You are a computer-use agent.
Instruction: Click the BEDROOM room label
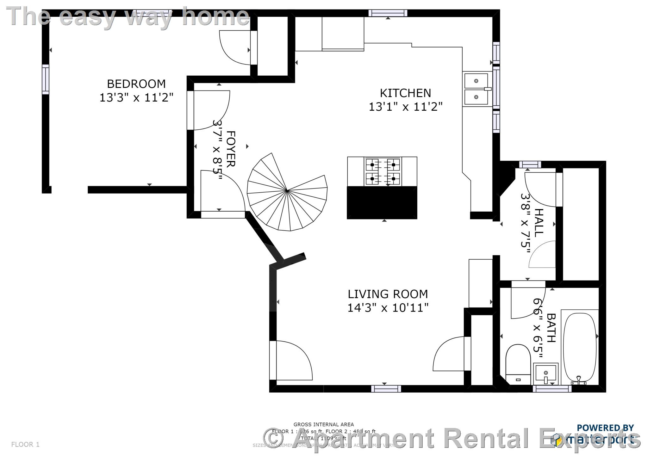[136, 84]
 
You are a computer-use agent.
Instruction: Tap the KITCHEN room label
[405, 93]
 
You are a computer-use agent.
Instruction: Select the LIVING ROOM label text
[388, 294]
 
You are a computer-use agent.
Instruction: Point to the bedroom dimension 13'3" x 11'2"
[136, 97]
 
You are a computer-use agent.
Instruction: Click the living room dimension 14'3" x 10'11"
[388, 308]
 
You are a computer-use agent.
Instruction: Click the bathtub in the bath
[580, 347]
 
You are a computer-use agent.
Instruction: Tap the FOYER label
[231, 149]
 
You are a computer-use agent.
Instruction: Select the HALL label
[538, 223]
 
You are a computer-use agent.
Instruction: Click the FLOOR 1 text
[25, 444]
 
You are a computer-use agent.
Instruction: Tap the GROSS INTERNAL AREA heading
[323, 424]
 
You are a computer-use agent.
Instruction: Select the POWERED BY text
[605, 428]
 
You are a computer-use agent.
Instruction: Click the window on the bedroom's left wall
[46, 79]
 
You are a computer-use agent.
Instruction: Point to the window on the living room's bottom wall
[386, 388]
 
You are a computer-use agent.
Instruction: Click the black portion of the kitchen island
[382, 202]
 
